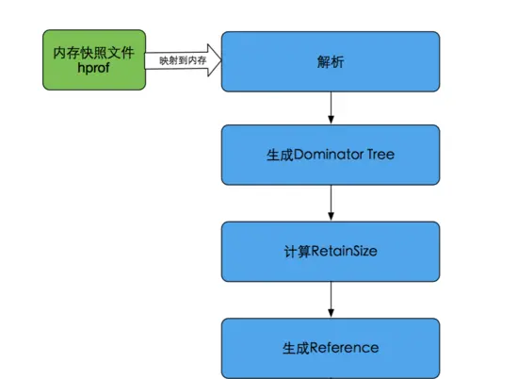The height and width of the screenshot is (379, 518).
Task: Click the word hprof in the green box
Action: click(93, 69)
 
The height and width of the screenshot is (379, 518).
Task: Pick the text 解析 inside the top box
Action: click(331, 61)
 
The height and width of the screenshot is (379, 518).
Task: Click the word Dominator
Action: click(328, 155)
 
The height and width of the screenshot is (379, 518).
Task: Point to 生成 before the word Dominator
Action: click(281, 155)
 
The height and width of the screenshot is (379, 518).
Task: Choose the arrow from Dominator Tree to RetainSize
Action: click(330, 203)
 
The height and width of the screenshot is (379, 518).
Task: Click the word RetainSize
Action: click(344, 252)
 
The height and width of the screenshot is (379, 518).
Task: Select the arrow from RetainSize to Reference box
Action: click(330, 299)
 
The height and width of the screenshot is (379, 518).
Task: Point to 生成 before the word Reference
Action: click(296, 348)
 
